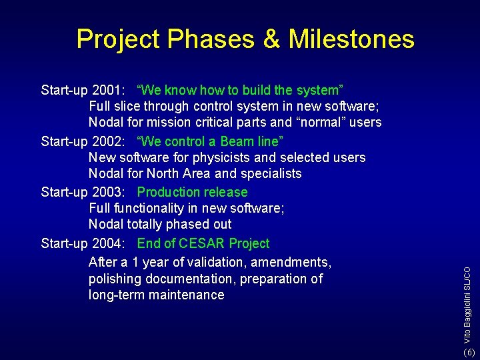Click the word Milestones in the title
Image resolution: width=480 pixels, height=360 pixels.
(351, 39)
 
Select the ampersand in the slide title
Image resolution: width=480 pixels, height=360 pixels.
(271, 39)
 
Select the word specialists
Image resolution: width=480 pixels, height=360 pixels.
(271, 174)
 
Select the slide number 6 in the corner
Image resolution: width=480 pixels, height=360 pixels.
(469, 352)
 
